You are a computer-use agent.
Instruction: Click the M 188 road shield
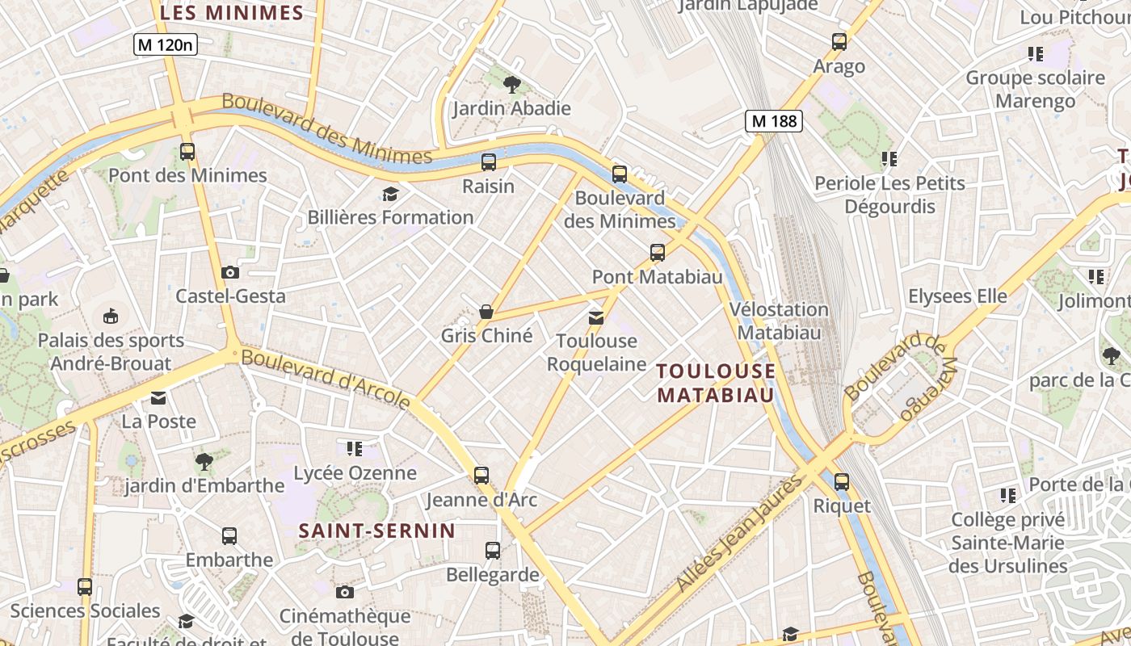coord(774,122)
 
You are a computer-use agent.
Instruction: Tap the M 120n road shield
coord(166,45)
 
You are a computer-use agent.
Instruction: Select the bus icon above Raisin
coord(489,161)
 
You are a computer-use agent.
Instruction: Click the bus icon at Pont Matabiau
coord(658,253)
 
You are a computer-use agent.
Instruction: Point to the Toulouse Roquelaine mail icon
coord(596,317)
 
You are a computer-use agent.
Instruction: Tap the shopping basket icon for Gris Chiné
coord(486,311)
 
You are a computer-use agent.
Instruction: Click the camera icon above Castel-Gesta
coord(230,272)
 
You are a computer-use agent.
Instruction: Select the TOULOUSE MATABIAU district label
coord(716,383)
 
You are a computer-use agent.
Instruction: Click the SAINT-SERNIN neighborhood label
coord(377,531)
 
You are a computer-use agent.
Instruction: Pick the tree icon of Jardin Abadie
coord(511,84)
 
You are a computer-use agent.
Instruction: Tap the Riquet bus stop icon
coord(842,482)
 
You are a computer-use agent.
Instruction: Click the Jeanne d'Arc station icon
coord(481,476)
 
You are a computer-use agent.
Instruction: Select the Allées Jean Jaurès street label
coord(739,533)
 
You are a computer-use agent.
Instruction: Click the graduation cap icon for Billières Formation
coord(391,194)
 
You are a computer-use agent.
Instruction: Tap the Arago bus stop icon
coord(839,42)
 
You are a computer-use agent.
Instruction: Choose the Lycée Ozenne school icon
coord(354,448)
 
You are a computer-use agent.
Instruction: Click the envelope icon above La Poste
coord(158,398)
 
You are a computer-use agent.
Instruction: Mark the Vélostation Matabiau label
coord(779,321)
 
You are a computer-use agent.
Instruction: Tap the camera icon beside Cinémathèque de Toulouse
coord(345,592)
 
